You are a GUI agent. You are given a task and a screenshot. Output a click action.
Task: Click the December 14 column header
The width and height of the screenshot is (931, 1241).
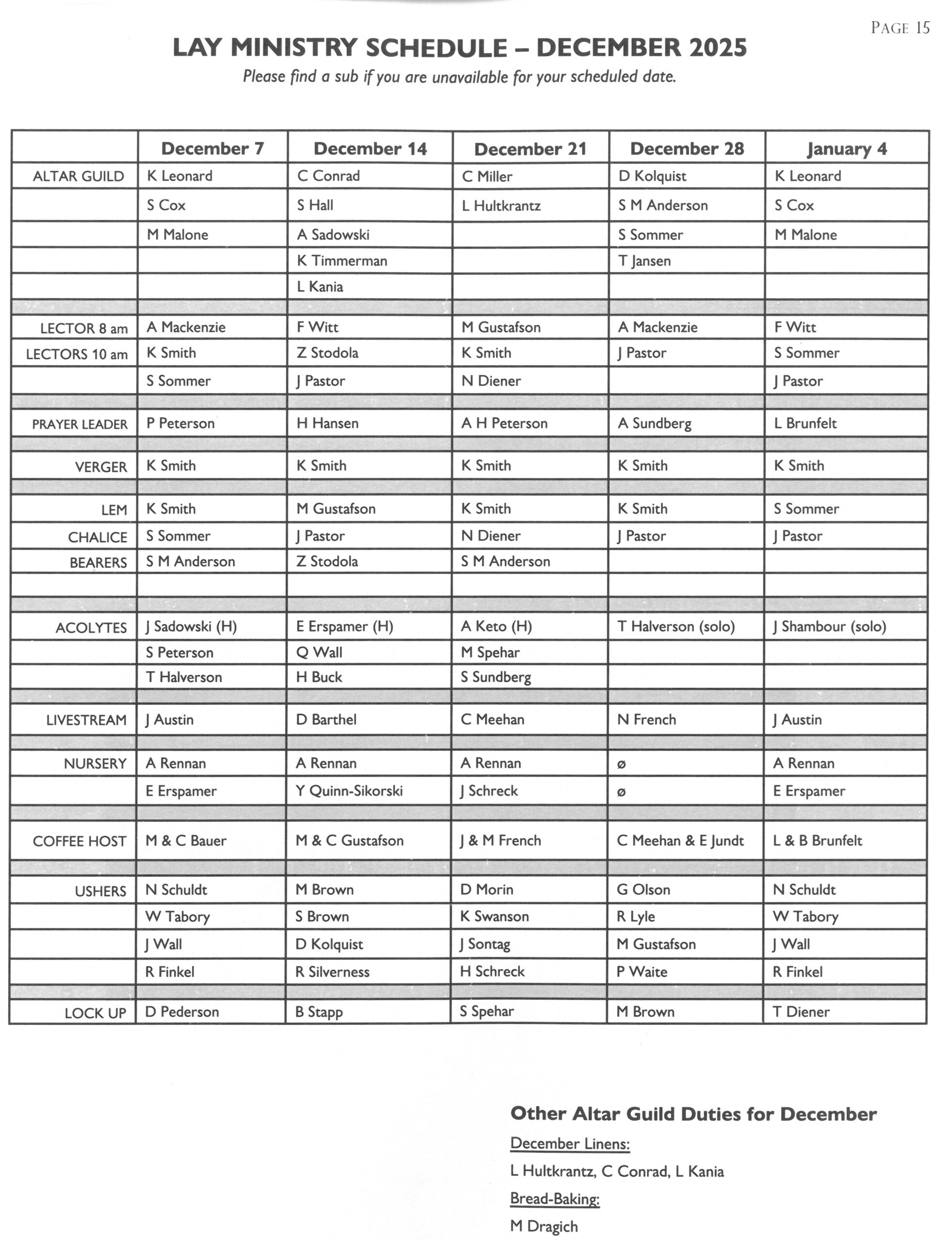(x=370, y=149)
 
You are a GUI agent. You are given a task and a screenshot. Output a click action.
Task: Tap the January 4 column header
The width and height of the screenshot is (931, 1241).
(x=846, y=149)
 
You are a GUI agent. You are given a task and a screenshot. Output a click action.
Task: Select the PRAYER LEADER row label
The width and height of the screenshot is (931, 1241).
(x=80, y=424)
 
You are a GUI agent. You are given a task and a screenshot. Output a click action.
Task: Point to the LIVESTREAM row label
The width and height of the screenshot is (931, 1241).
(x=86, y=720)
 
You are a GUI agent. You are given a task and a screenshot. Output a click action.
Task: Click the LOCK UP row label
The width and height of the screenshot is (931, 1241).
(x=96, y=1013)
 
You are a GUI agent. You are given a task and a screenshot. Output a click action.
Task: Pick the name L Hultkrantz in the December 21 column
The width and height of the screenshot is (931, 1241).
(x=501, y=206)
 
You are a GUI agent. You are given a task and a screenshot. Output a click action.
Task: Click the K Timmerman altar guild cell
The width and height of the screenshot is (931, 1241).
(x=342, y=261)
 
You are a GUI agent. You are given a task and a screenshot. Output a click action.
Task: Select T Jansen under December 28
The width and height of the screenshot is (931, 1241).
(x=644, y=261)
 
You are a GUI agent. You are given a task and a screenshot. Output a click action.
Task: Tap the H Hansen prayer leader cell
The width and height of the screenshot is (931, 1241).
(x=327, y=423)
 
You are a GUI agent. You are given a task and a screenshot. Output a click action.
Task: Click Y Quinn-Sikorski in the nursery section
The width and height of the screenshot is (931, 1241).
(x=349, y=791)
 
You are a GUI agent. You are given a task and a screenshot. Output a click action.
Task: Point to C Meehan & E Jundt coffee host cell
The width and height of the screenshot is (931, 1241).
(x=680, y=841)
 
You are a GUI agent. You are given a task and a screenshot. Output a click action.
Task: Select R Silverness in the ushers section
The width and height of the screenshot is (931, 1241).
(x=332, y=971)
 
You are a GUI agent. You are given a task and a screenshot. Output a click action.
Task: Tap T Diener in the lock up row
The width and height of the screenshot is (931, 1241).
(x=801, y=1012)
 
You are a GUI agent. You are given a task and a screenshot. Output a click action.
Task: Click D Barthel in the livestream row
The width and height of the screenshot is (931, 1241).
(x=326, y=719)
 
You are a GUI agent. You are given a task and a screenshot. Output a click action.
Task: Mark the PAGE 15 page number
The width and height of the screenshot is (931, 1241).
(x=899, y=28)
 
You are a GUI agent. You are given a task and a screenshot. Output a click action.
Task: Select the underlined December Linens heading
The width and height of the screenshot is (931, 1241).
(x=570, y=1144)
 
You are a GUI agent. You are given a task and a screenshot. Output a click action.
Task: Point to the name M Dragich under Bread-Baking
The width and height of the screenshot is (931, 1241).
(x=544, y=1227)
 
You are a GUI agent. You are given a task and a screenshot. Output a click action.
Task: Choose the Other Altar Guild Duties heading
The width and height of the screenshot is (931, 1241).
(x=693, y=1114)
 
